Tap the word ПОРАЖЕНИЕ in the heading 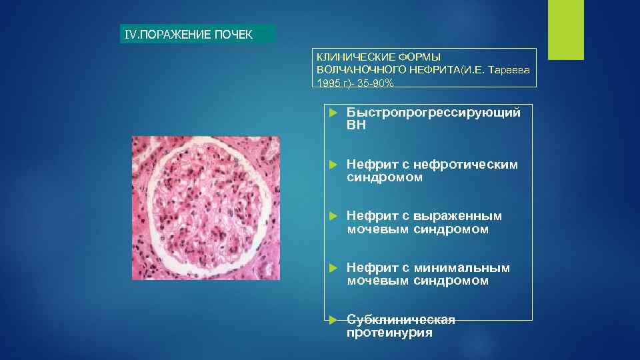(175, 34)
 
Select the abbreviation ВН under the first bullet (356, 125)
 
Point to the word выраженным (457, 216)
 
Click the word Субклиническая (401, 320)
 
